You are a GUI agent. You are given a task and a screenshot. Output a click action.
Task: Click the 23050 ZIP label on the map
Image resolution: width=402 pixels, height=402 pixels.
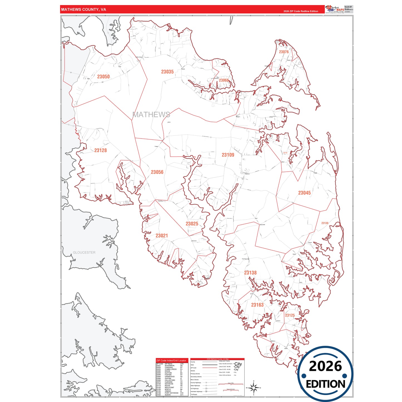click(x=103, y=77)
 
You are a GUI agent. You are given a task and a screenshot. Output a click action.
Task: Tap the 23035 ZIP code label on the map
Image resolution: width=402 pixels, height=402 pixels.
click(x=167, y=72)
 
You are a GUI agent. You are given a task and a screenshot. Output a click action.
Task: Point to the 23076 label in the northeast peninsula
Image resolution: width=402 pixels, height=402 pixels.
click(x=284, y=52)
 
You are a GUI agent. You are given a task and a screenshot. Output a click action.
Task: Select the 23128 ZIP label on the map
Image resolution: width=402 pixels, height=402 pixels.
click(x=100, y=150)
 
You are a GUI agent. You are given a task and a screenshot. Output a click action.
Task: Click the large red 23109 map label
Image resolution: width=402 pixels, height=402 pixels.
click(x=228, y=155)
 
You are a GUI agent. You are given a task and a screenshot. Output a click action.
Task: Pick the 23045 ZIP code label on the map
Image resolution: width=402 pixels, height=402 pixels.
click(x=304, y=193)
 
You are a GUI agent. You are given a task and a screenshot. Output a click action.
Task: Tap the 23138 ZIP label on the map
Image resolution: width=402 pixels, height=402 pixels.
click(x=250, y=273)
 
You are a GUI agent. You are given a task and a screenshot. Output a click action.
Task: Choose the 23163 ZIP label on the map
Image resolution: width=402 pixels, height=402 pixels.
click(x=257, y=305)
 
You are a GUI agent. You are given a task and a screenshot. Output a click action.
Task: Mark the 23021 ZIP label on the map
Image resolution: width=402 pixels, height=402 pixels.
click(x=162, y=236)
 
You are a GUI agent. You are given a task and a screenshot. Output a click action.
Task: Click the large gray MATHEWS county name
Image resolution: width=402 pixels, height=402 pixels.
click(x=151, y=115)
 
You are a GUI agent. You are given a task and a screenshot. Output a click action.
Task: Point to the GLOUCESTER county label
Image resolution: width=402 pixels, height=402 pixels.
click(x=84, y=253)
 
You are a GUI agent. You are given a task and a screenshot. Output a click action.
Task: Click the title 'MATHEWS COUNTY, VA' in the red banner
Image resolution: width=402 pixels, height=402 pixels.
click(x=83, y=9)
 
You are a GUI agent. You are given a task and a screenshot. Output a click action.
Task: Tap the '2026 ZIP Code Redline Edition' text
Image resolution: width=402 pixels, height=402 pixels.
click(x=301, y=11)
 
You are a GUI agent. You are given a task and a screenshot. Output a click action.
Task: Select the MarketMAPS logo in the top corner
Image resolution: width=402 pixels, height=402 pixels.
click(x=335, y=9)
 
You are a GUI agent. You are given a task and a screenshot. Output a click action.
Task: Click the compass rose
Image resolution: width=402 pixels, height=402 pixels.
click(x=253, y=388)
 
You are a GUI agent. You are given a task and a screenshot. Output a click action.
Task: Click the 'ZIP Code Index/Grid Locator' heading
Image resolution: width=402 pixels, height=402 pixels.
click(x=171, y=361)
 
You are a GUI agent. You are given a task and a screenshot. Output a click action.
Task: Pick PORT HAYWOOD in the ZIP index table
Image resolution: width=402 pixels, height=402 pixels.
click(x=171, y=393)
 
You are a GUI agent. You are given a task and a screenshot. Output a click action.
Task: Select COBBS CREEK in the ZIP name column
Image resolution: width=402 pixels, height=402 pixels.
click(x=171, y=369)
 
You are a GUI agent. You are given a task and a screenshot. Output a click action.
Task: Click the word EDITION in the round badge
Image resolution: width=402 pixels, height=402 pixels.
click(x=325, y=384)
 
